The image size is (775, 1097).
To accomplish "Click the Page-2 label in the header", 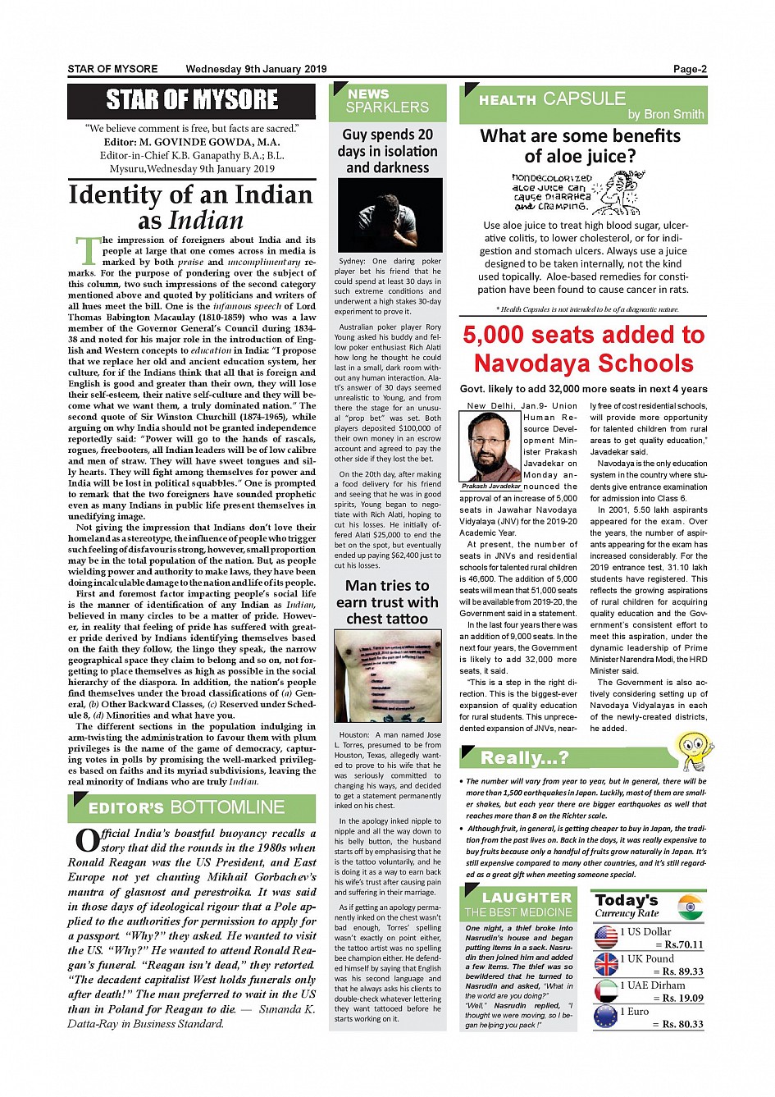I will coord(690,70).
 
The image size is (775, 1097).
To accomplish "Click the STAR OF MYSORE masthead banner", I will coord(191,101).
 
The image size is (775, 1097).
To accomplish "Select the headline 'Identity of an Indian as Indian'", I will coord(191,207).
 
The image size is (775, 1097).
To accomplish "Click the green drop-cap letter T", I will coord(87,250).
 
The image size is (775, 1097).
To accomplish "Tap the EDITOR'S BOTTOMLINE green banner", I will coord(191,808).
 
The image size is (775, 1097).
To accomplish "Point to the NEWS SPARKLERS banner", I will coord(387,101).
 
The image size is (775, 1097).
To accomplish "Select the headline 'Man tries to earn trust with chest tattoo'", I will coord(387,601).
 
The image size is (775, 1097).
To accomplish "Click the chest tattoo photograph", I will coord(388,675).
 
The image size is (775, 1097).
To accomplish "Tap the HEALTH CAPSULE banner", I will coord(583,104).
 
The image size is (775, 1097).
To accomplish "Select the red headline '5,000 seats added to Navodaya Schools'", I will coord(583,349).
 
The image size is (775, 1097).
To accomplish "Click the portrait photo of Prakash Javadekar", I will coord(490,446).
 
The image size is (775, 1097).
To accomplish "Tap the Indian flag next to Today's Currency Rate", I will coord(691,907).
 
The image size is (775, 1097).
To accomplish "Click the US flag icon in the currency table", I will coord(606,937).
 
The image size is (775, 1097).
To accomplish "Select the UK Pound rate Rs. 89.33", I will coord(682,971).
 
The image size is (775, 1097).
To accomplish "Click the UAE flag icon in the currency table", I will coord(606,991).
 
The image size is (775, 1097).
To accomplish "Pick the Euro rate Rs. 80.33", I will coord(682,1024).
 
